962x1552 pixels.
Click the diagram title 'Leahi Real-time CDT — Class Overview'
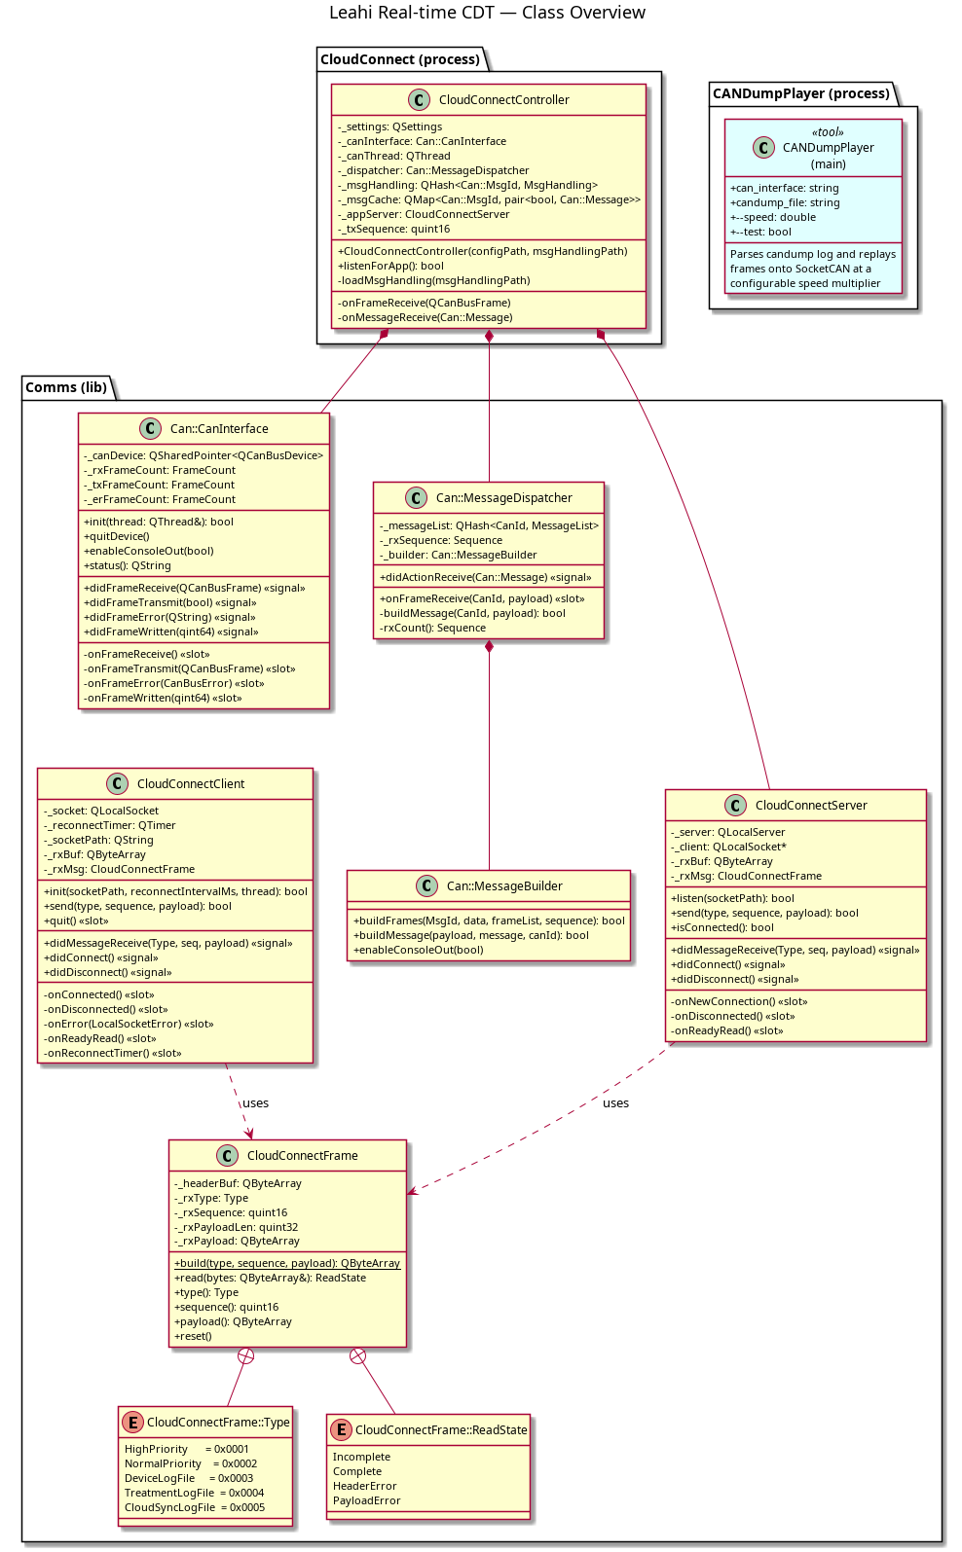click(487, 13)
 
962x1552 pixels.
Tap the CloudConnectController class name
click(503, 100)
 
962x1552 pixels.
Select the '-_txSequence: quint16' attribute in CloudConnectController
click(393, 229)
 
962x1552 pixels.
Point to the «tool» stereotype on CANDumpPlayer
click(828, 131)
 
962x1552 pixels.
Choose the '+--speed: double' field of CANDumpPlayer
click(773, 217)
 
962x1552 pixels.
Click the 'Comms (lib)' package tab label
click(66, 386)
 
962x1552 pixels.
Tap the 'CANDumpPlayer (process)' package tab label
click(800, 92)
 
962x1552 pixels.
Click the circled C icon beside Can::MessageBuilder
click(426, 885)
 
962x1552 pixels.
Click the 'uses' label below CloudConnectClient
click(255, 1103)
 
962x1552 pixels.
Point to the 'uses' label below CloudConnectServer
click(615, 1103)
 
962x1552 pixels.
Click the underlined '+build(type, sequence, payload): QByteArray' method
click(287, 1263)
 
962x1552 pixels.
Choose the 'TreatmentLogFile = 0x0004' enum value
click(194, 1493)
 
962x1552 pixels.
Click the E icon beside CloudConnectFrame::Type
click(132, 1422)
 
